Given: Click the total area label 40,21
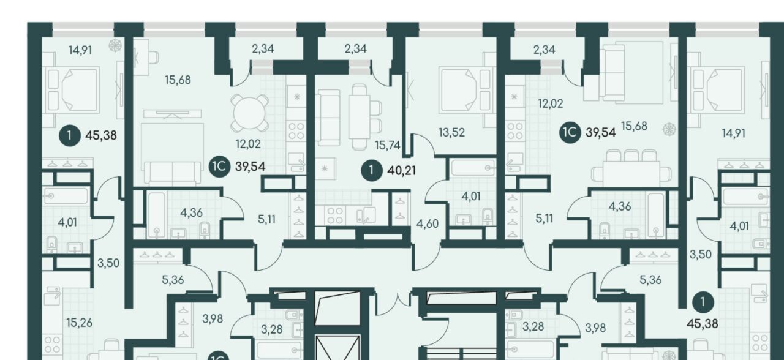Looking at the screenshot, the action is pyautogui.click(x=402, y=171).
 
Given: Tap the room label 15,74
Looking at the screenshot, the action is pyautogui.click(x=388, y=145).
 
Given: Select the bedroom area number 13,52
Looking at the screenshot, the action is pyautogui.click(x=452, y=132).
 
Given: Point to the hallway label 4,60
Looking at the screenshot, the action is pyautogui.click(x=428, y=223).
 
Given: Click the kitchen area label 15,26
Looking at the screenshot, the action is pyautogui.click(x=80, y=323).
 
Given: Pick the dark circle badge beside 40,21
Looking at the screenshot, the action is pyautogui.click(x=371, y=171).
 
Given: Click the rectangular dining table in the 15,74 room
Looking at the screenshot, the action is pyautogui.click(x=361, y=116).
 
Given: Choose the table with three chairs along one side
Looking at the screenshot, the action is pyautogui.click(x=631, y=168).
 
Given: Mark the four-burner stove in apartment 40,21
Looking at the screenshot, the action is pyautogui.click(x=335, y=215).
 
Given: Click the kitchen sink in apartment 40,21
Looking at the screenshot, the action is pyautogui.click(x=366, y=215).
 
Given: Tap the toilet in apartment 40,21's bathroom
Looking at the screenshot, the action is pyautogui.click(x=488, y=217).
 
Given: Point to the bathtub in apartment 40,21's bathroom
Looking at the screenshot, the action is pyautogui.click(x=473, y=168).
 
